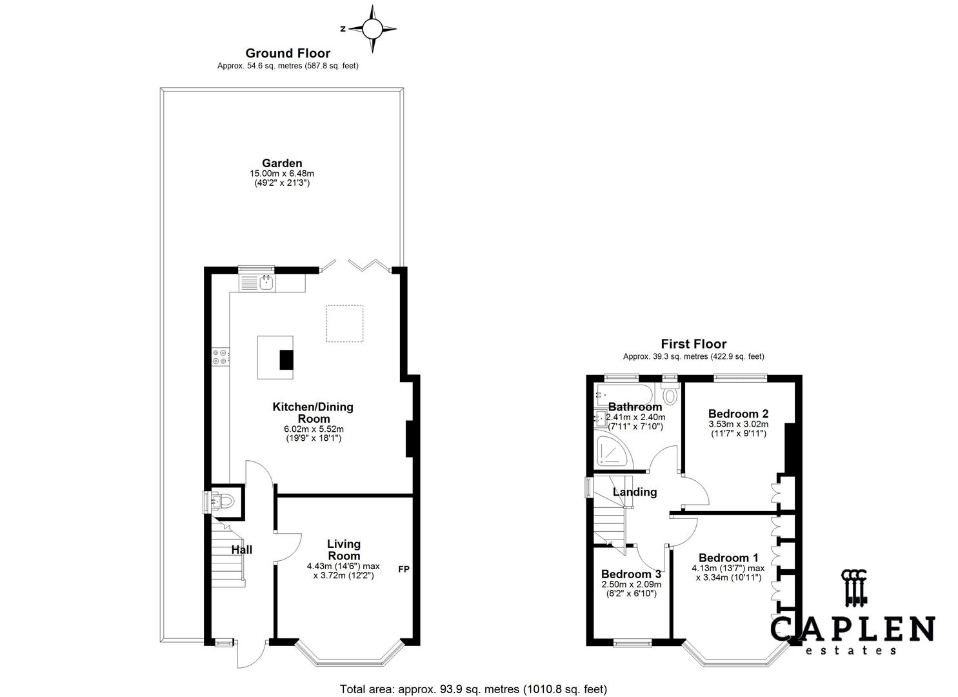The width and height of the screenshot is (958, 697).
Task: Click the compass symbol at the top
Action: (x=372, y=29)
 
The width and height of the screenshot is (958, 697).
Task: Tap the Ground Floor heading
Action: (x=288, y=53)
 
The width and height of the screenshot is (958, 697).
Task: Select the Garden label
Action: (x=282, y=163)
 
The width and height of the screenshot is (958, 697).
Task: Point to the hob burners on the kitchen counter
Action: (x=221, y=357)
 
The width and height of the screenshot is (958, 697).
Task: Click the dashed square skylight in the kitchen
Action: (x=344, y=323)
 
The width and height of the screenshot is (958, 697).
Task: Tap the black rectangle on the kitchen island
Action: (x=286, y=359)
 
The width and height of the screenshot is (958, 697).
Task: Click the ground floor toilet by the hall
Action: (x=224, y=501)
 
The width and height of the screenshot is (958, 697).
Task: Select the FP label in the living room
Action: (x=404, y=569)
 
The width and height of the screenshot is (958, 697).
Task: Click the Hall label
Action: (x=242, y=550)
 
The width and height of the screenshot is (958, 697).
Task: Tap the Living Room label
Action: (x=344, y=550)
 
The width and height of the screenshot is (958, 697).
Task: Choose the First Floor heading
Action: (x=694, y=344)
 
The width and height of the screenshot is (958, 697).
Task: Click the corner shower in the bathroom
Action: (x=613, y=451)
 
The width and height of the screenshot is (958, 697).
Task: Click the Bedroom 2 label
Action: (x=738, y=414)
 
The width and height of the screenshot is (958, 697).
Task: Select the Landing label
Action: (x=635, y=492)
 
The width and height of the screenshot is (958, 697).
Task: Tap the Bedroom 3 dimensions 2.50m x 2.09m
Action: (x=632, y=585)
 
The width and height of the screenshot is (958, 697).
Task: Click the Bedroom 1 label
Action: (x=728, y=558)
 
